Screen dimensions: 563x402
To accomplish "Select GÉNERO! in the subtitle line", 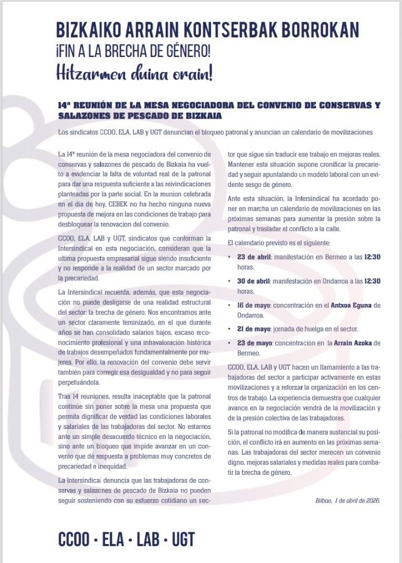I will coord(184,52).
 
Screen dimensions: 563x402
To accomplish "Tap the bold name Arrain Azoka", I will coord(347,342).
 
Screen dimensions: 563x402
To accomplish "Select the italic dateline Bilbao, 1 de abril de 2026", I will coord(347,500).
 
